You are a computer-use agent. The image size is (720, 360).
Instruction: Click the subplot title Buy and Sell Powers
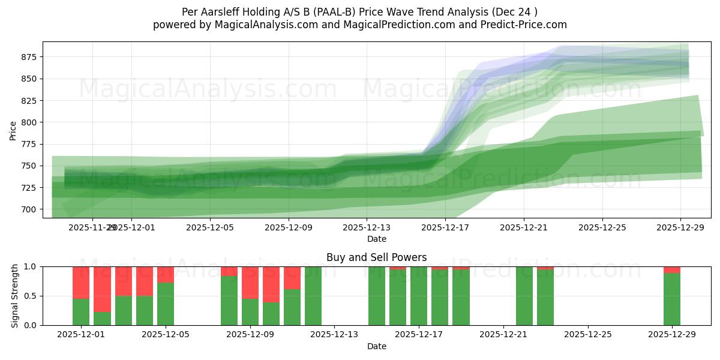tap(376, 257)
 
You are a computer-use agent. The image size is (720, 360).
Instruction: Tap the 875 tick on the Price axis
tap(28, 57)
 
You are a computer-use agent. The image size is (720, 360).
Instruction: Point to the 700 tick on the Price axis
tap(28, 209)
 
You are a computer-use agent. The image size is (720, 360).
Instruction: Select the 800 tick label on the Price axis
tap(28, 122)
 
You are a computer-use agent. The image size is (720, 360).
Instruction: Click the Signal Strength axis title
tap(15, 296)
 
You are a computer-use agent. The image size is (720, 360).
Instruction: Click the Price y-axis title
tap(13, 130)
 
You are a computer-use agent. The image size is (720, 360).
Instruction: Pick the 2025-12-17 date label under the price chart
tap(445, 227)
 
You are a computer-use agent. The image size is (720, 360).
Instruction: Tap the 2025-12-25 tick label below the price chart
tap(602, 227)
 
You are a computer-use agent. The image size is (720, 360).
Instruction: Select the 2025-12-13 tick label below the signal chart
tap(334, 334)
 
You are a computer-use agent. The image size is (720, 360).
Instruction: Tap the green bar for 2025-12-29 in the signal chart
tap(672, 299)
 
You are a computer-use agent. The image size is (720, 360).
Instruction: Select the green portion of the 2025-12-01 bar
tap(81, 312)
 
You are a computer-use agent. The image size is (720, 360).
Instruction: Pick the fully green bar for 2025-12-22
tap(524, 296)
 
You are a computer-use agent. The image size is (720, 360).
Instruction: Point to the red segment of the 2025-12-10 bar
tap(271, 284)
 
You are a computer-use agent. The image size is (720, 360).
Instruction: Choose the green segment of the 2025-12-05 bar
tap(166, 304)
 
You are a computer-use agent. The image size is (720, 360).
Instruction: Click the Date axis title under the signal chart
tap(376, 346)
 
